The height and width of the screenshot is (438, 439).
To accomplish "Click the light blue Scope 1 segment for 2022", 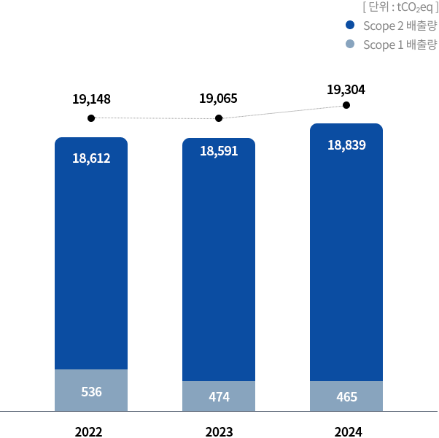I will [x=91, y=391].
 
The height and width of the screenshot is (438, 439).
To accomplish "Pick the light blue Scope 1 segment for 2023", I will [x=219, y=396].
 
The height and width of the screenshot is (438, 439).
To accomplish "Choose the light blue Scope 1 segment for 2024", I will [x=346, y=396].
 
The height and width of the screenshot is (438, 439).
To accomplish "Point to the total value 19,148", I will [x=91, y=99].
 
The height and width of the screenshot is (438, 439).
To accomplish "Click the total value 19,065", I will [x=219, y=99].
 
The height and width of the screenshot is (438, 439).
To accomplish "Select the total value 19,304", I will [x=346, y=90].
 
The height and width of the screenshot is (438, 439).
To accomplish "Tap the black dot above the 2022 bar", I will [x=91, y=118].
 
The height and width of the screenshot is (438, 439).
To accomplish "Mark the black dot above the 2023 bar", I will [x=219, y=118].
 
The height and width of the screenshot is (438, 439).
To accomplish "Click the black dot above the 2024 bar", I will [x=346, y=105].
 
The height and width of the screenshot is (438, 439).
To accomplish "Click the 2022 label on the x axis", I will [x=88, y=431].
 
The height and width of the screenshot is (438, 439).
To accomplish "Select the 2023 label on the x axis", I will [x=219, y=431].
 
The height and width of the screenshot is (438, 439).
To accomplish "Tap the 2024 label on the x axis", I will [x=348, y=431].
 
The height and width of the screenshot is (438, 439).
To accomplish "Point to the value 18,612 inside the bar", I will [x=91, y=158].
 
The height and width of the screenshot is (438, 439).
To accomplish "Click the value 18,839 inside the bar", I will [x=346, y=145].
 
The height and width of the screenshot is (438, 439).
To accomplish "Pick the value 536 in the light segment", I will [x=91, y=392].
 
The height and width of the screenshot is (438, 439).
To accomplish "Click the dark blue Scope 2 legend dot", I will [x=350, y=26].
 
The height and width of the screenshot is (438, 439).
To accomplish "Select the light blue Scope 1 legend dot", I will [x=350, y=45].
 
